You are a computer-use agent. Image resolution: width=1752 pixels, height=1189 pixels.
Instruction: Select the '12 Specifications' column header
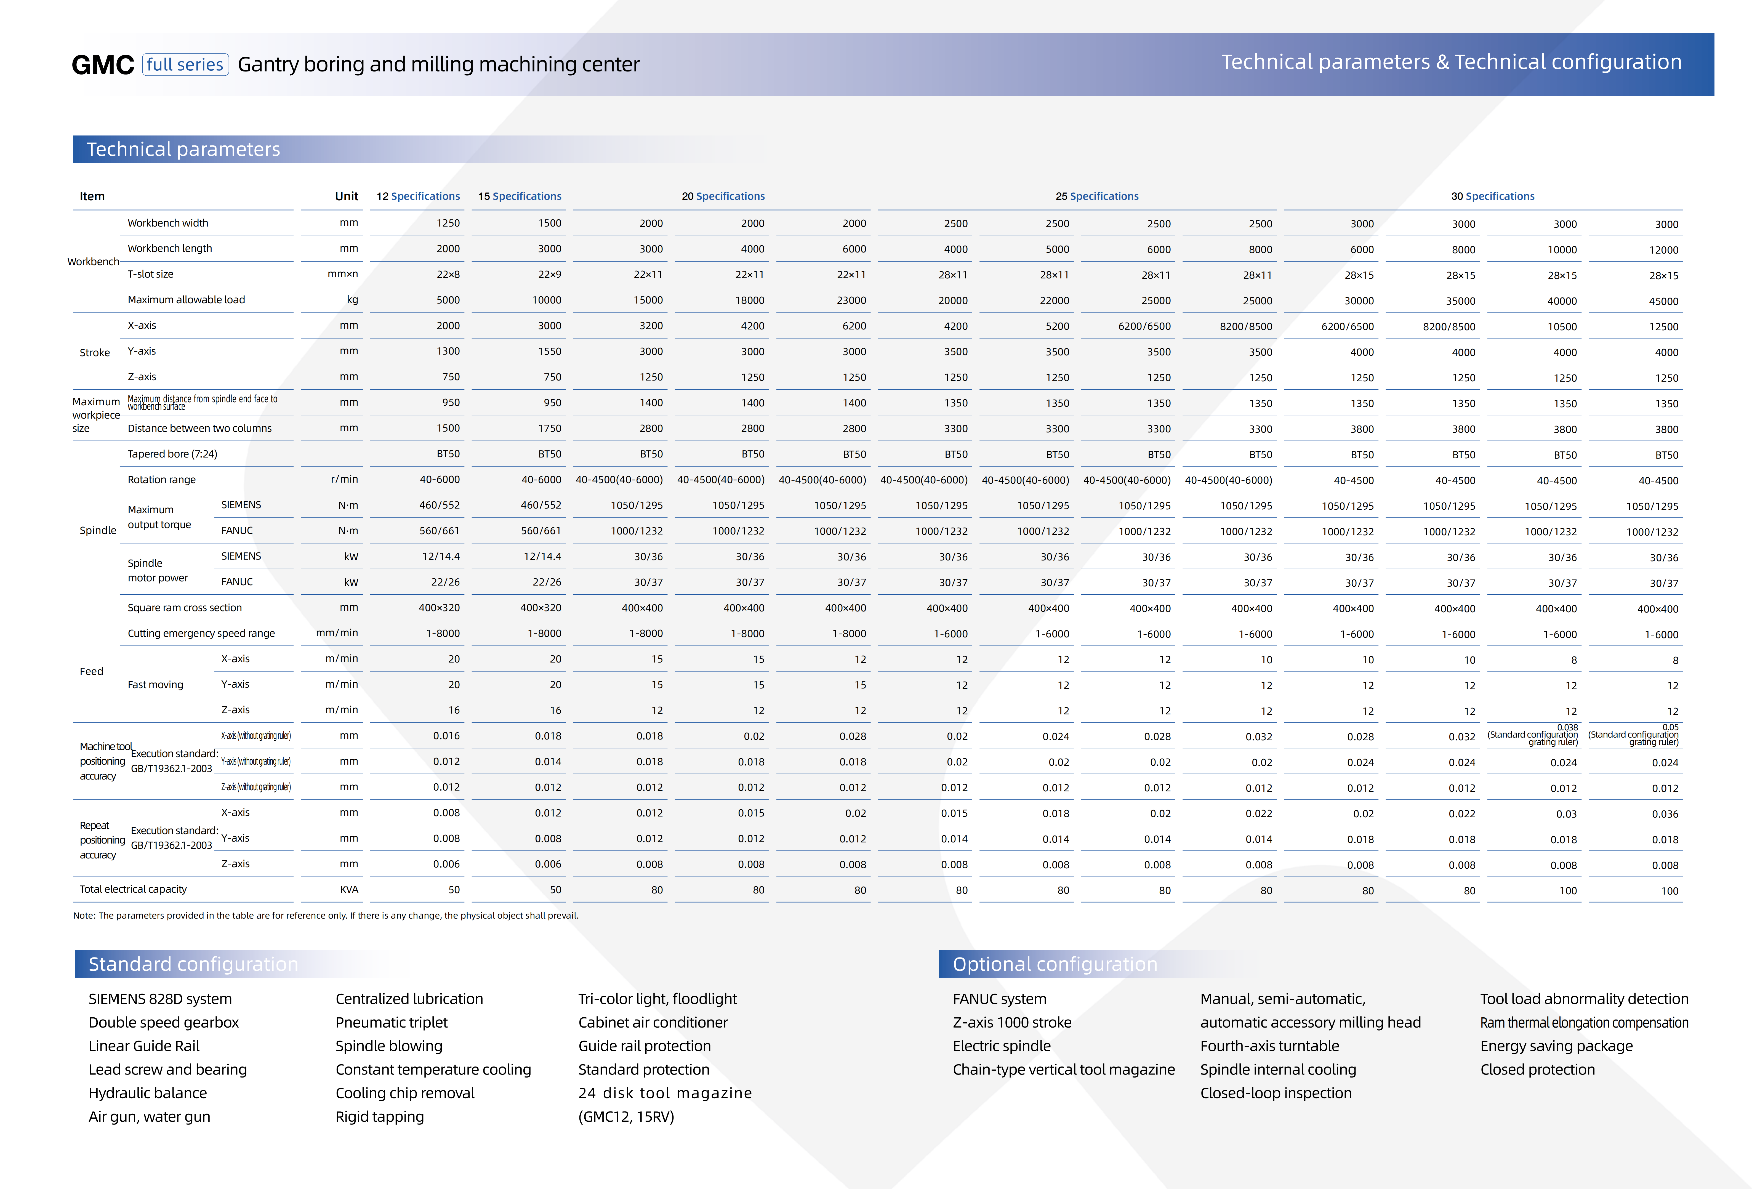point(418,196)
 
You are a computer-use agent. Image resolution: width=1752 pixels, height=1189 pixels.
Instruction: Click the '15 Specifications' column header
point(520,196)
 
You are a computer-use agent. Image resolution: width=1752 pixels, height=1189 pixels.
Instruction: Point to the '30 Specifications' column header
point(1493,196)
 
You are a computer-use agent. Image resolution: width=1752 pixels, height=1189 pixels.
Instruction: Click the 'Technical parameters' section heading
point(183,149)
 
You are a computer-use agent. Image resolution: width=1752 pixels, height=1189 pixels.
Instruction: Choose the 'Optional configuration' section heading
point(1055,964)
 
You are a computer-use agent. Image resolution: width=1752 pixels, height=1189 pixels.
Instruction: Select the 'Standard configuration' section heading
point(193,964)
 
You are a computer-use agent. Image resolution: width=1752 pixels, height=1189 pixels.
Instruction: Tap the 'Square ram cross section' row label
point(185,608)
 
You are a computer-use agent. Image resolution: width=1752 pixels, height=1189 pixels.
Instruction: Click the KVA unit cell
point(349,890)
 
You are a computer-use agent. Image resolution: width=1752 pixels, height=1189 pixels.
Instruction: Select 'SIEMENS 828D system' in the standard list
point(160,999)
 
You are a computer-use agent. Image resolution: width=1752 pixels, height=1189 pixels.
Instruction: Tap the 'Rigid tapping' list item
point(379,1117)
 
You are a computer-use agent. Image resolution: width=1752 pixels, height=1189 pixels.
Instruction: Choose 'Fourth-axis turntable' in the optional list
point(1269,1046)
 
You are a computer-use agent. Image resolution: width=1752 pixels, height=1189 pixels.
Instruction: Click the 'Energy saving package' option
point(1556,1046)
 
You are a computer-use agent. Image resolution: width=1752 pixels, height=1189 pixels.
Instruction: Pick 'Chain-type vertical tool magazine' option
point(1063,1069)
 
